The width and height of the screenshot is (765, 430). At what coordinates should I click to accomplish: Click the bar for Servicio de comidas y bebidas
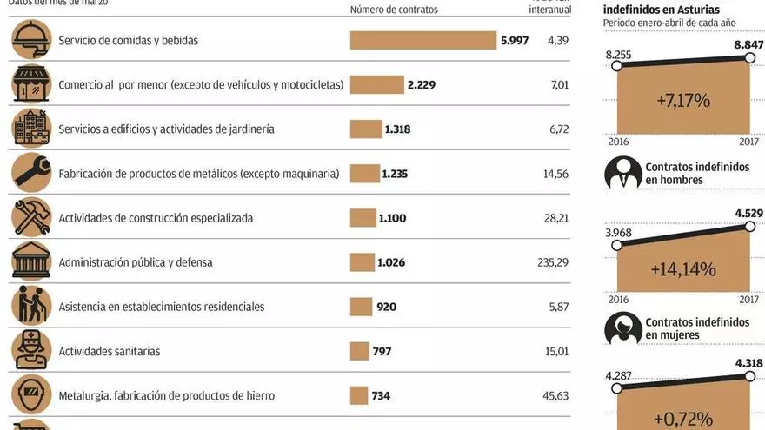click(422, 40)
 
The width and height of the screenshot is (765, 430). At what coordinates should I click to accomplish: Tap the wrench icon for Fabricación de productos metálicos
click(31, 173)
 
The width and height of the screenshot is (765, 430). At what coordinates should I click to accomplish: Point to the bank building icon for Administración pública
click(31, 261)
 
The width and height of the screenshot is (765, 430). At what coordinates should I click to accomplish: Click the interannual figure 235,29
click(551, 262)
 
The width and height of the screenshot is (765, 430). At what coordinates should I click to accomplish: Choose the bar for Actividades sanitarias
click(359, 351)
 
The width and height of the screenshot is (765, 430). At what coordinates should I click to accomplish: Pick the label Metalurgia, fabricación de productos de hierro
click(166, 395)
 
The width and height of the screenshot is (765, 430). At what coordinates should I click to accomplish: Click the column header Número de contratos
click(394, 10)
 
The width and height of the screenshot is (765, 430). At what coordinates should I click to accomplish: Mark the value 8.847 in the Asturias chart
click(748, 44)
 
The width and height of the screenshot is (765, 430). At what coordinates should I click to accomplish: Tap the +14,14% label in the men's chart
click(682, 269)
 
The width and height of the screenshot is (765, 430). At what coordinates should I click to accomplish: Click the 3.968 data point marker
click(616, 245)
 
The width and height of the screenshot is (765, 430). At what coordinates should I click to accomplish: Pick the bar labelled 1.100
click(362, 217)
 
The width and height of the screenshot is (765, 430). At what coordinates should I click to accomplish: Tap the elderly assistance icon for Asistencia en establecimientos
click(31, 306)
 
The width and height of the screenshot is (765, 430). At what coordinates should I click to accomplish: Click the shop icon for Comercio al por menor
click(31, 84)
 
